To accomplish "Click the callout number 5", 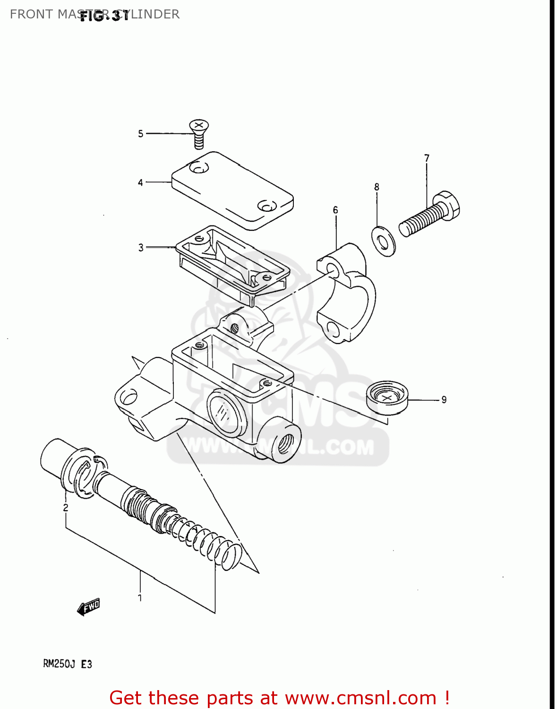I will click(x=140, y=134).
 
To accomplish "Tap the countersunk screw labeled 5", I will click(x=199, y=132).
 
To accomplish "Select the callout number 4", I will click(x=140, y=182).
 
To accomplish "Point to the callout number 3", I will click(x=141, y=248).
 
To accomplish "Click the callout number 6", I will click(x=335, y=210).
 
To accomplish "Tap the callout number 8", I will click(x=377, y=187).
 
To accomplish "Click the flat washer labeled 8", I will click(x=384, y=242).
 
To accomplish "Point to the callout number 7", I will click(x=427, y=158).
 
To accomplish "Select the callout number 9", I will click(x=444, y=400).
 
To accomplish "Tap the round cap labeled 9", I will click(x=387, y=398).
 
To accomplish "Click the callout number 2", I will click(x=66, y=508).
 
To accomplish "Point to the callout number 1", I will click(x=140, y=598).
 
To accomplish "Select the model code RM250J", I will click(x=59, y=664).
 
